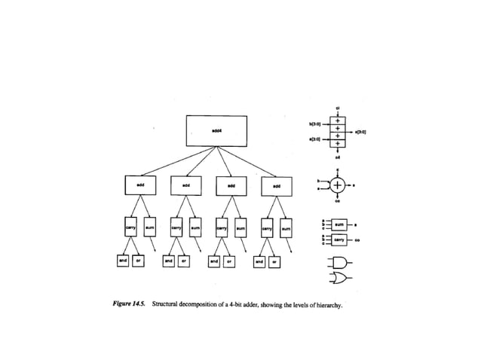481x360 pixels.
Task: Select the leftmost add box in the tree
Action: (139, 185)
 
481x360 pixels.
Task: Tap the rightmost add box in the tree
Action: (276, 185)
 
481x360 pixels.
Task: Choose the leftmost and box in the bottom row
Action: (123, 261)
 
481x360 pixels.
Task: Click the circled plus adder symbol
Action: (338, 185)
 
